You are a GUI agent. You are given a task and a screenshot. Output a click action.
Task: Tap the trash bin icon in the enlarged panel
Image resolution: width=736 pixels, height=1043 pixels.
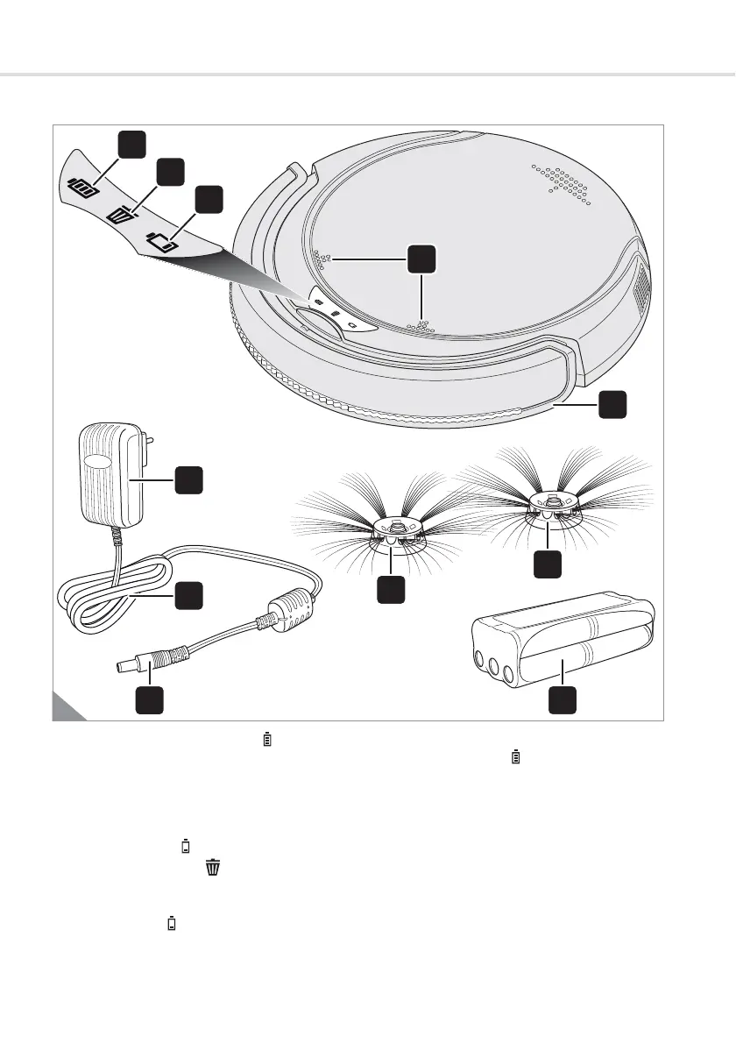(x=119, y=213)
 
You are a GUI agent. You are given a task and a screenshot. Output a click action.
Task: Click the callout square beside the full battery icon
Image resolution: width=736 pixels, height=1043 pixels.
(x=131, y=145)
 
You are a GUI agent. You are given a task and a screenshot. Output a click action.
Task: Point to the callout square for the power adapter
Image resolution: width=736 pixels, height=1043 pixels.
(x=188, y=479)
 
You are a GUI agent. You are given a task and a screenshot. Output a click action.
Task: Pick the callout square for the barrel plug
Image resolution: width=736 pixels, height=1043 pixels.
(x=149, y=702)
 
